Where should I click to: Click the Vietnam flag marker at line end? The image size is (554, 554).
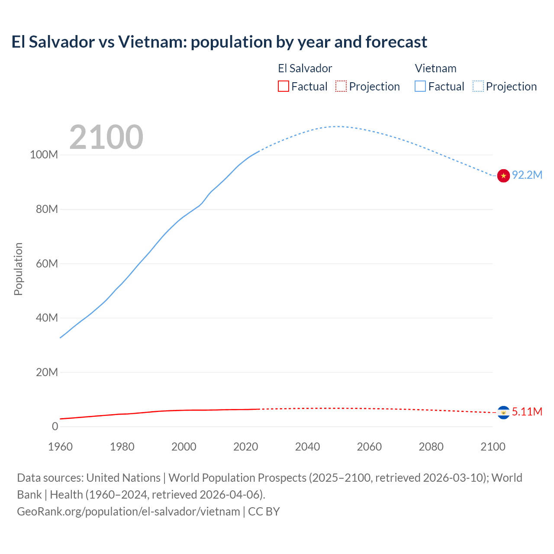tap(503, 176)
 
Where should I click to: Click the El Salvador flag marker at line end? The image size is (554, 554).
tap(503, 412)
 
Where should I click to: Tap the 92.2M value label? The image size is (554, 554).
tap(527, 175)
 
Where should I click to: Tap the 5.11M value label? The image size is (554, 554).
tap(527, 412)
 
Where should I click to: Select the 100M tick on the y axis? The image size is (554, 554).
tap(44, 155)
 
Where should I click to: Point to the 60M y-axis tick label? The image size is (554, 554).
tap(46, 264)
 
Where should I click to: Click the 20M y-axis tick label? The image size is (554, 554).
tap(46, 372)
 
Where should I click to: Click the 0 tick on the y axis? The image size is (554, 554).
tap(55, 426)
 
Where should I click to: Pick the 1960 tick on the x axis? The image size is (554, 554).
tap(60, 447)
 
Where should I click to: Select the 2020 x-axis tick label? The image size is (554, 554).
tap(245, 447)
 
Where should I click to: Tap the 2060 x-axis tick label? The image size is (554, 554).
tap(369, 447)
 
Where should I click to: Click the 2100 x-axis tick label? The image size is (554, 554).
tap(493, 447)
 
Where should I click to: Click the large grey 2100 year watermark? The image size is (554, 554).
tap(106, 137)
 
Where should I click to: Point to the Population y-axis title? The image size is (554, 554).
tap(18, 269)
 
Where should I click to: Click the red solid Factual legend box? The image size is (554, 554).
tap(283, 87)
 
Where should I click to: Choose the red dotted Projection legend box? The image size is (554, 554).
tap(341, 87)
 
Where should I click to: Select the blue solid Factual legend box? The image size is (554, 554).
tap(420, 87)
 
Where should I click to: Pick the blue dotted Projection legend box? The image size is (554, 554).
tap(478, 87)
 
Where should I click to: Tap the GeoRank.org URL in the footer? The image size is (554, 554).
tap(128, 512)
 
